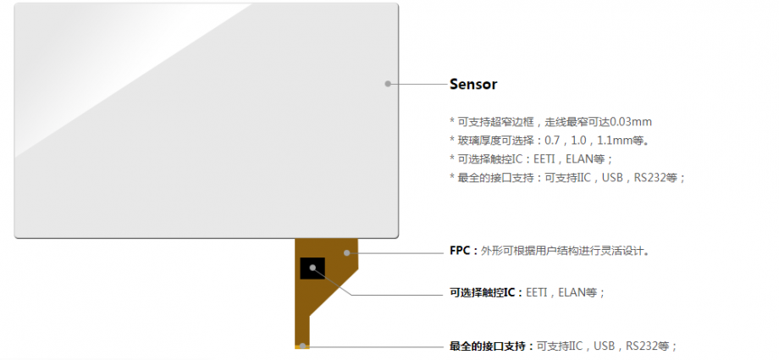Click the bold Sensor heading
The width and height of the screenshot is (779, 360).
pos(473,85)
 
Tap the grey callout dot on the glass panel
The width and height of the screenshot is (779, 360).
pos(388,84)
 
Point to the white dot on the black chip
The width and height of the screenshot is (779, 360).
pos(313,268)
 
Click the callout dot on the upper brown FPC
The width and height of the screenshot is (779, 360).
pos(346,252)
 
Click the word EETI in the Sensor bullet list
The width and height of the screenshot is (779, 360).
pos(546,159)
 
